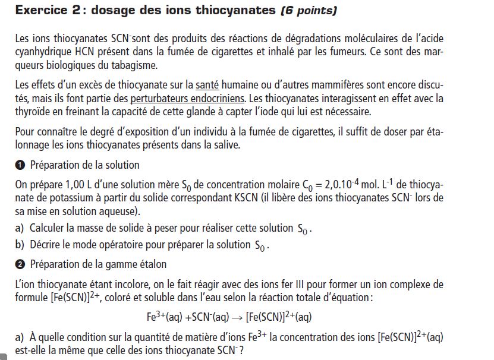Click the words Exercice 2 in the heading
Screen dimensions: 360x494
pos(45,10)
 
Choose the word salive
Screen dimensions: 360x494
pos(271,145)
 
